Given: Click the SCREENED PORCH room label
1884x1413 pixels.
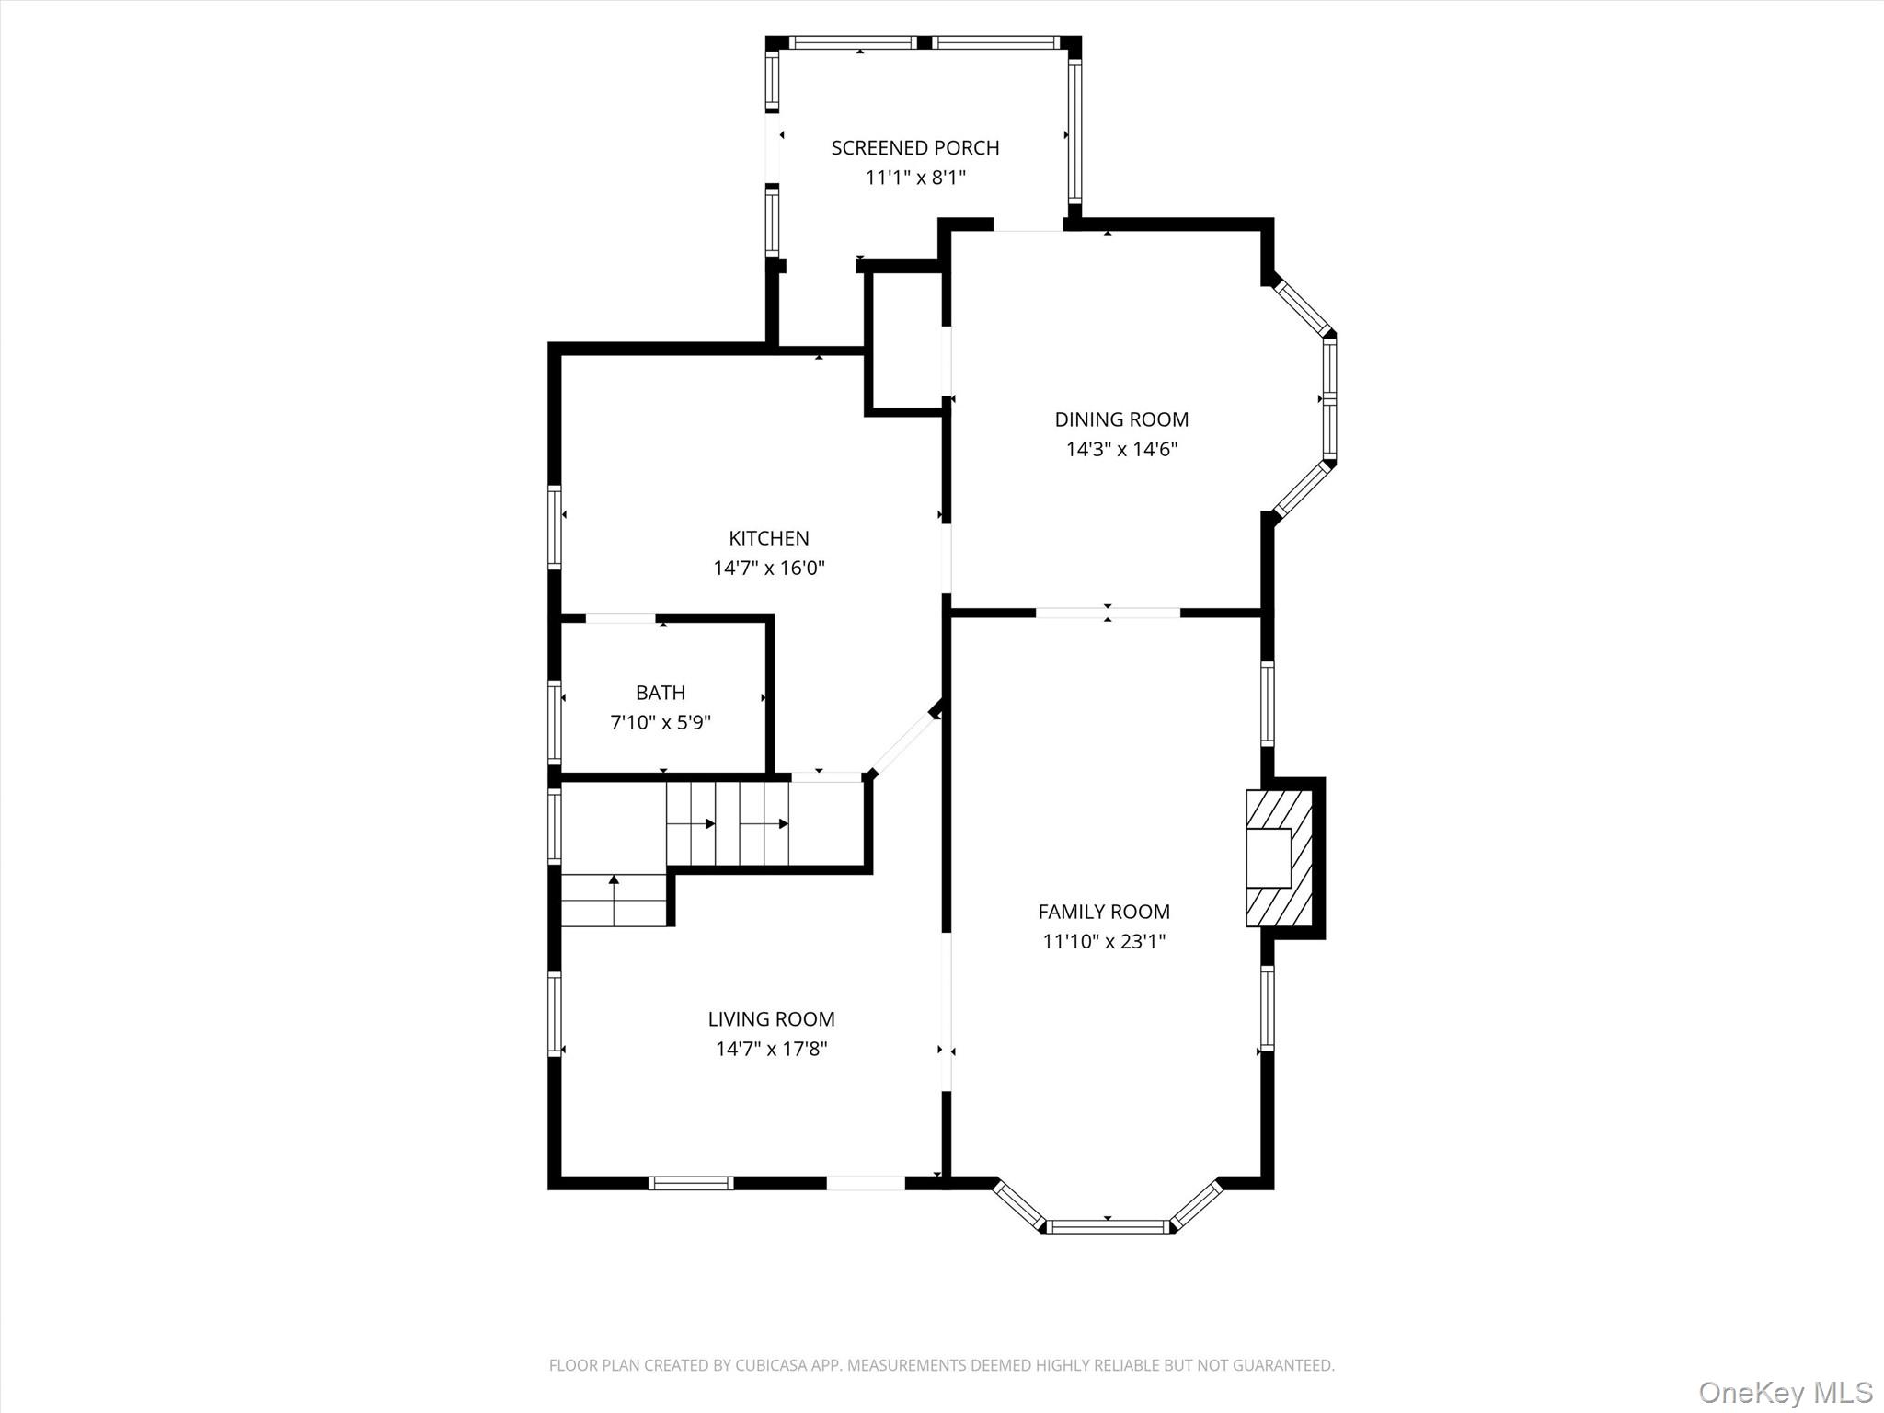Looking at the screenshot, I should [x=914, y=148].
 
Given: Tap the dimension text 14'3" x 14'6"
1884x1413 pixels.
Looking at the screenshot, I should [x=1121, y=450].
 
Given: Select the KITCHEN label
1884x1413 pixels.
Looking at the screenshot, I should [x=769, y=538].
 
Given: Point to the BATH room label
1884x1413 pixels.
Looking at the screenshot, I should [x=661, y=693].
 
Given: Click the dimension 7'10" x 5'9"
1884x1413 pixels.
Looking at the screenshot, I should [x=661, y=722].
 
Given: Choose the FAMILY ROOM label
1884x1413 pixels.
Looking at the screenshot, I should [x=1104, y=912].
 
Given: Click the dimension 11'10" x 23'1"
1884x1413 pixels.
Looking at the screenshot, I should [x=1104, y=941].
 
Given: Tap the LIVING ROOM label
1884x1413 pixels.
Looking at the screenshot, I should [x=771, y=1019].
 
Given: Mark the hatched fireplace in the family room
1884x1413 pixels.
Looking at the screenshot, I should [x=1279, y=857].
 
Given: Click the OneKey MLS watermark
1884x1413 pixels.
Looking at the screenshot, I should [x=1785, y=1392].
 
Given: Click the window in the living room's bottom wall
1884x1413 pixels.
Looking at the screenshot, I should [x=691, y=1183].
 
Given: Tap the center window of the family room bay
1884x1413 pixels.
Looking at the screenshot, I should [x=1109, y=1226].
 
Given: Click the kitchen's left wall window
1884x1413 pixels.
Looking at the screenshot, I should [x=555, y=526].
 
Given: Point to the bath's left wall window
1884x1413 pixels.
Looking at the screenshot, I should [x=555, y=721].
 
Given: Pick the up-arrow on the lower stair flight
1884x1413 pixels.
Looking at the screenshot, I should [x=614, y=880].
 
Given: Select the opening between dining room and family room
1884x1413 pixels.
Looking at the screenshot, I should [x=1108, y=613].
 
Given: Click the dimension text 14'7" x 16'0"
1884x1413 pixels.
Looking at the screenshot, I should [x=769, y=568].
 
